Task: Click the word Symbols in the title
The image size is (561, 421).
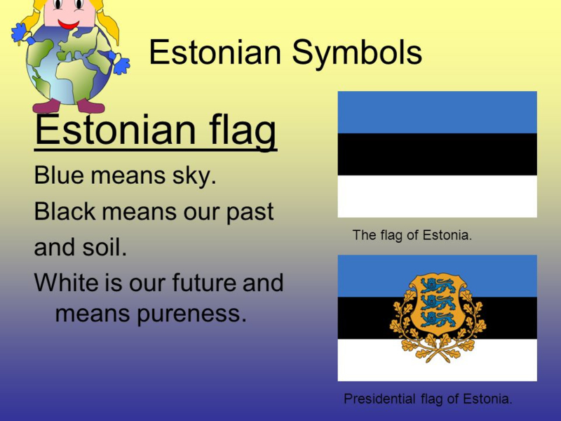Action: pyautogui.click(x=357, y=53)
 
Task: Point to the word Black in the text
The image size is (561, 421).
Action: pyautogui.click(x=65, y=211)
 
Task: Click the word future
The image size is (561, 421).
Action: pyautogui.click(x=204, y=283)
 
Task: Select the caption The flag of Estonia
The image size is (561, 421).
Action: pyautogui.click(x=412, y=235)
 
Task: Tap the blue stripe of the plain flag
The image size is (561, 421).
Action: pyautogui.click(x=437, y=112)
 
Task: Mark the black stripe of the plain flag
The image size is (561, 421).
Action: pyautogui.click(x=437, y=154)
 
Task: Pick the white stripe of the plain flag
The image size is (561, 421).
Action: pyautogui.click(x=437, y=196)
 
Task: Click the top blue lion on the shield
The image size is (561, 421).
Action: pyautogui.click(x=438, y=286)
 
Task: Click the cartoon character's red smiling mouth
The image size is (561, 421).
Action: pyautogui.click(x=68, y=25)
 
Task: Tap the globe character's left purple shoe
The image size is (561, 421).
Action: pyautogui.click(x=46, y=107)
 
